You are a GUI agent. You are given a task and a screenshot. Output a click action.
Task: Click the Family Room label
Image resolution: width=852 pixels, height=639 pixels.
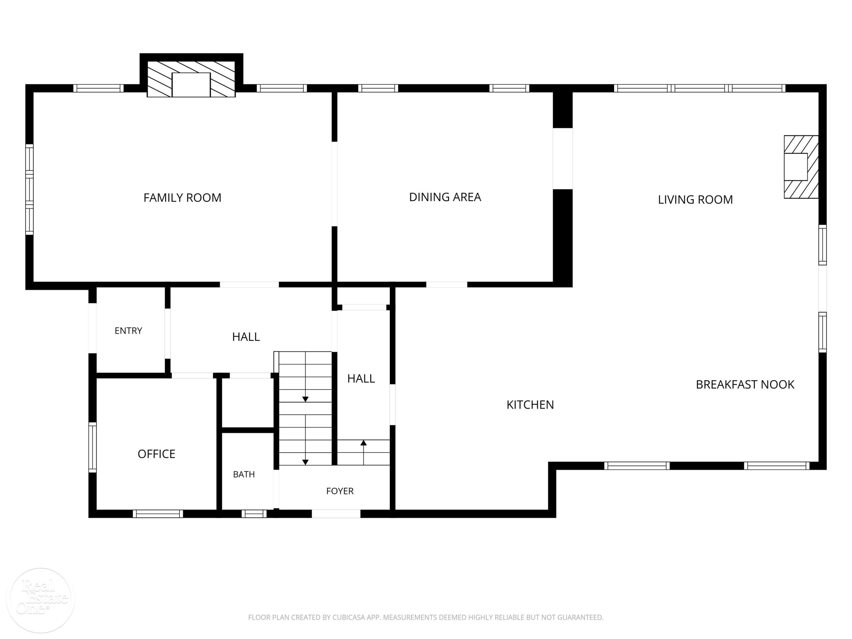[182, 198]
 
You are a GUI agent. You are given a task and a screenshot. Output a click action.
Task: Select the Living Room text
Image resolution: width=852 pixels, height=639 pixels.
[695, 200]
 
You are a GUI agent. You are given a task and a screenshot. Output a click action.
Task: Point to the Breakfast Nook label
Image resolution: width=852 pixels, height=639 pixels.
[745, 385]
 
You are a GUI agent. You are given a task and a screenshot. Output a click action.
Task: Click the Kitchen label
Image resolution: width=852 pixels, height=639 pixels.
[530, 404]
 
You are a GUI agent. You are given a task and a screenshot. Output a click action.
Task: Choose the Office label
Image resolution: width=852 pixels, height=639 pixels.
[156, 454]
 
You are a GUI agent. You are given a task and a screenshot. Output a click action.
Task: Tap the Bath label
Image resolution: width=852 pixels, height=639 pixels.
[244, 474]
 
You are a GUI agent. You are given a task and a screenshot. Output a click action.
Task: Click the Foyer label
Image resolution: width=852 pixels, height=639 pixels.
[340, 491]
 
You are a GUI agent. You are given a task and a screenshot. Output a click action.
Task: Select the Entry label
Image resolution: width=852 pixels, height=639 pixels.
[128, 331]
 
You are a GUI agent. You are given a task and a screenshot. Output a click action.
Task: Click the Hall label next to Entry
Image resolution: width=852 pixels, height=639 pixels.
[246, 337]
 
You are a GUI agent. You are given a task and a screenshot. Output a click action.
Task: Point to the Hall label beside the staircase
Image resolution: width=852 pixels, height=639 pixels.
[361, 379]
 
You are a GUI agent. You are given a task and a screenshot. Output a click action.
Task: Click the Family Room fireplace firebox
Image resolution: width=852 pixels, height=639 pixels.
[191, 85]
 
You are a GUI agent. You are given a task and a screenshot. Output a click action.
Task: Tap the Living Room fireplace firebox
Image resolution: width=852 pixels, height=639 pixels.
[796, 167]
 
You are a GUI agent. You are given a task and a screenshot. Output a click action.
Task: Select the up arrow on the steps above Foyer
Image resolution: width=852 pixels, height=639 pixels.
[364, 453]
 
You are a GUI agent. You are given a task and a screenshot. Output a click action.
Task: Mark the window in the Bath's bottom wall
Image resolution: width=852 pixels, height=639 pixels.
[254, 514]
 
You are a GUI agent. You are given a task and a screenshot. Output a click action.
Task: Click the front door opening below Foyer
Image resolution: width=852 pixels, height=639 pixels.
[336, 514]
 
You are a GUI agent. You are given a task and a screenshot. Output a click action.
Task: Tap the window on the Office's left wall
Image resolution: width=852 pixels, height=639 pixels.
[92, 447]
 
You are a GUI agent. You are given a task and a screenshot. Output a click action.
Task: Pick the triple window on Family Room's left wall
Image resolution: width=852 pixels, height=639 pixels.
[29, 189]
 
